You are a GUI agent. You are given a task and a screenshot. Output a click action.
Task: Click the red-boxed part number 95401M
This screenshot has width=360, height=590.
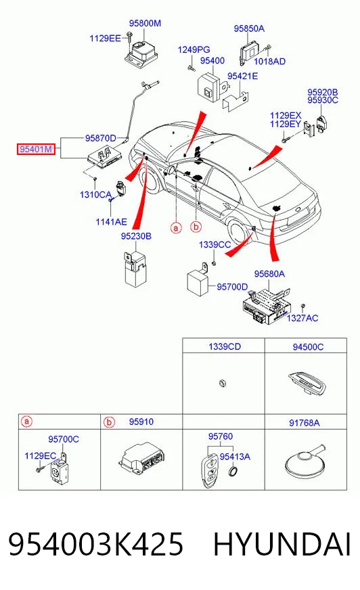[35, 150]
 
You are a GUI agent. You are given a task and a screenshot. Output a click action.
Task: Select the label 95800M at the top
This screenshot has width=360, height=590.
[145, 23]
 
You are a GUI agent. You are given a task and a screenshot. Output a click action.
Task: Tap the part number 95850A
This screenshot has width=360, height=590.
[249, 28]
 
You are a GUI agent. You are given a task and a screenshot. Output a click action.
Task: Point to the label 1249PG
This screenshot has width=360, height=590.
[194, 49]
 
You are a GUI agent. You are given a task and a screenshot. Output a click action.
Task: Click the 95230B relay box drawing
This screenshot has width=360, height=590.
[134, 269]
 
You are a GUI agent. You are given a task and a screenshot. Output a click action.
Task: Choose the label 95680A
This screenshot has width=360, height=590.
[269, 274]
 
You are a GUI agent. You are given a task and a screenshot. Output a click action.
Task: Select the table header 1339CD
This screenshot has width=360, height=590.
[225, 346]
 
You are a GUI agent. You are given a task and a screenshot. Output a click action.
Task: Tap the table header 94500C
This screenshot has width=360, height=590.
[308, 346]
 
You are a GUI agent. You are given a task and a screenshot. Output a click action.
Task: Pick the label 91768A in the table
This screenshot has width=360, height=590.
[305, 423]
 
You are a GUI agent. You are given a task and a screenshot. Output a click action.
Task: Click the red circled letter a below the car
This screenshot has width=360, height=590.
[176, 228]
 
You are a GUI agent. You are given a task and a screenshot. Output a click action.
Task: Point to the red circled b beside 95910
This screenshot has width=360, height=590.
[109, 422]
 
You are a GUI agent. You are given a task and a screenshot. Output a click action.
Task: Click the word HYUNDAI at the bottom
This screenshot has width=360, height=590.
[282, 545]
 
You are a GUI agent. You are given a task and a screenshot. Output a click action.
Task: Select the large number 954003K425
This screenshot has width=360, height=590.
[96, 545]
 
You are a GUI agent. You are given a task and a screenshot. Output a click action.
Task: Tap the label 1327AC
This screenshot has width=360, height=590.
[302, 318]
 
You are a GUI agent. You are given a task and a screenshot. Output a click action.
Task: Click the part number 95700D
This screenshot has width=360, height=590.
[232, 287]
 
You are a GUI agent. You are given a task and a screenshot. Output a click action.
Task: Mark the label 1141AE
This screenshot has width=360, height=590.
[112, 222]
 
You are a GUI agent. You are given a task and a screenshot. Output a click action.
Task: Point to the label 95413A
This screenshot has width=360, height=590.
[235, 457]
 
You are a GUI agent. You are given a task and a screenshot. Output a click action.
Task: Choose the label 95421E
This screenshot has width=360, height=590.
[243, 76]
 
